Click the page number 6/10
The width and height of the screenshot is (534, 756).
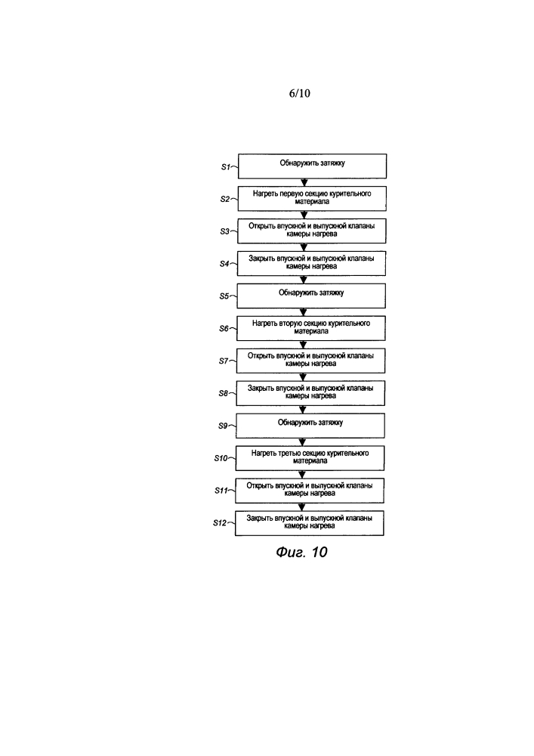299,93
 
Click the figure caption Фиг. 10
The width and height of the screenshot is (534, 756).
301,552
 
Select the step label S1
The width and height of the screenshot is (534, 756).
226,167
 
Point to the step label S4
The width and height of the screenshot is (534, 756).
224,264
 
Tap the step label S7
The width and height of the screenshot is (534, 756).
224,361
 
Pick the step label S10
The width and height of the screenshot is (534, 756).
221,458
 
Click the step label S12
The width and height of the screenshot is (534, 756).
220,522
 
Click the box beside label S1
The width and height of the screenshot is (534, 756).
312,166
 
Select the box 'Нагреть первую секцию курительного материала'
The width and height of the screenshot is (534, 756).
312,199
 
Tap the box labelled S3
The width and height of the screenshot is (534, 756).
311,231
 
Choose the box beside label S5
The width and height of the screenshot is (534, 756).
311,296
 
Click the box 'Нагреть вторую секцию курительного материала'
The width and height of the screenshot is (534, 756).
311,328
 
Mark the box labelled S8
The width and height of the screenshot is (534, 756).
310,393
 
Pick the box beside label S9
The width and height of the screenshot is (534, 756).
310,426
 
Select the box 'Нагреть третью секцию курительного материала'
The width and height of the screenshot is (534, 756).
310,458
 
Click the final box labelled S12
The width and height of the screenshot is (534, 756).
310,523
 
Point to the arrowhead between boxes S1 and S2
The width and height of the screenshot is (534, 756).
304,183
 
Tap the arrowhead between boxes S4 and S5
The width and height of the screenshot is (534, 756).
304,280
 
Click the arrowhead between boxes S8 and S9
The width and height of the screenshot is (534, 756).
303,410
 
